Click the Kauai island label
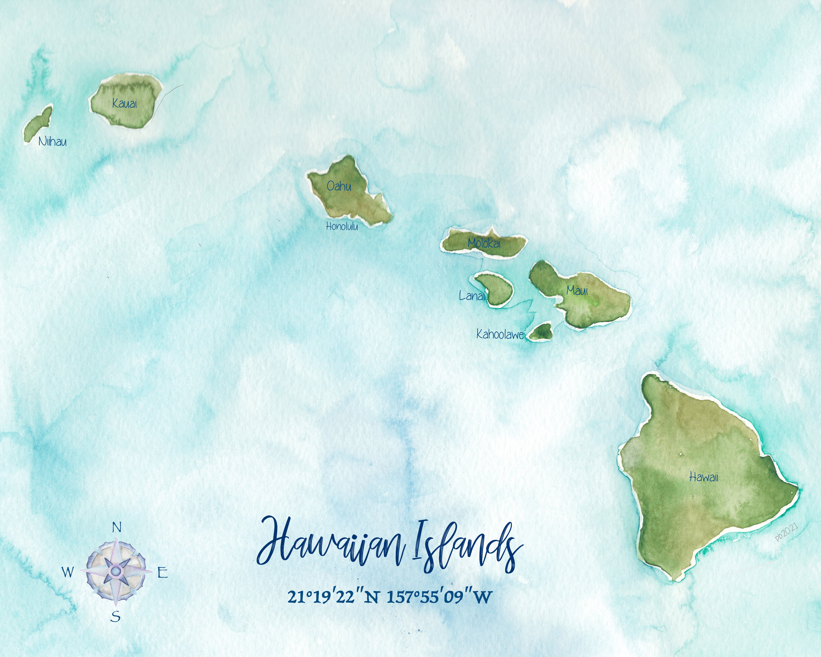click(125, 103)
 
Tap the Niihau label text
click(53, 142)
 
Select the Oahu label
click(339, 186)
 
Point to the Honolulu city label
click(342, 226)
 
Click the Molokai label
click(484, 243)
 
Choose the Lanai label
click(472, 296)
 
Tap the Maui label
click(577, 291)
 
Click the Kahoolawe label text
click(500, 335)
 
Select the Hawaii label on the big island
click(704, 477)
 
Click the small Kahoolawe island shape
click(541, 332)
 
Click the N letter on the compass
click(117, 528)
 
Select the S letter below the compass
click(116, 616)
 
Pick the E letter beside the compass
click(163, 572)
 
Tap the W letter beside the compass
click(68, 572)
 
